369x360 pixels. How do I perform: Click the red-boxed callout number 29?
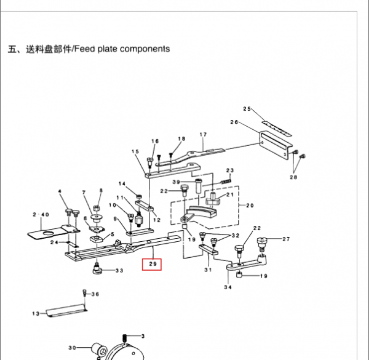pos(151,265)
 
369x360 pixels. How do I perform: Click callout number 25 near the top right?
pos(248,109)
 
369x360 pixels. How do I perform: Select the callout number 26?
pos(234,122)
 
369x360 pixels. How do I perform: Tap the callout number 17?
pos(203,134)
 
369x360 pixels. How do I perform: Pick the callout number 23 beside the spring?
pos(230,170)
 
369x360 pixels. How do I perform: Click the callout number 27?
pos(286,239)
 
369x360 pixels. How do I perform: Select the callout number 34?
pos(228,287)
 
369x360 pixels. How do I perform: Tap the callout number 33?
pos(119,271)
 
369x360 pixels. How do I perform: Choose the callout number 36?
pos(95,294)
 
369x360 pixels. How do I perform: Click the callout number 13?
pos(35,314)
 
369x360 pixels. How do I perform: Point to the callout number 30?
pos(73,348)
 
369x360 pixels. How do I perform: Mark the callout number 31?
pos(208,270)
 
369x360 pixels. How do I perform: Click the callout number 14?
pos(122,184)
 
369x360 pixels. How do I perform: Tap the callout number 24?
pos(54,242)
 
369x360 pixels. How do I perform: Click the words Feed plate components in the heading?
pos(122,49)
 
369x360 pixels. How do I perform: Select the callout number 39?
pos(176,182)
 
